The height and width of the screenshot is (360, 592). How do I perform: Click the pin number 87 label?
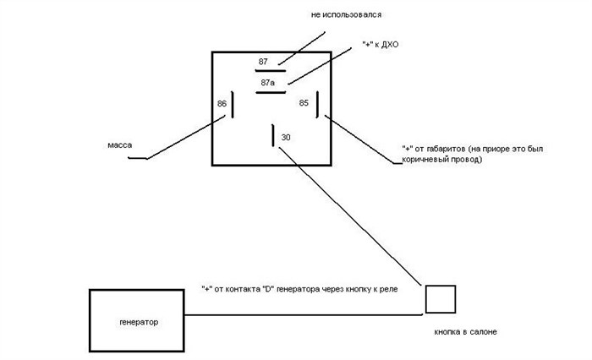tap(263, 62)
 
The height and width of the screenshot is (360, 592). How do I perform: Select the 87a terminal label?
tap(268, 82)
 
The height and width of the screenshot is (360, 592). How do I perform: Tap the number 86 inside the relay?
tap(222, 103)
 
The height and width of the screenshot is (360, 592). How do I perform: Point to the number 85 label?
tap(304, 102)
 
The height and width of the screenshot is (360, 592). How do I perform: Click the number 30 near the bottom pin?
tap(286, 138)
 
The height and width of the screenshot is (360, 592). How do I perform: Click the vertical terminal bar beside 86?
tap(233, 105)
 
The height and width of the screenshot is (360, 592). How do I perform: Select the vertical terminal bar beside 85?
tap(317, 105)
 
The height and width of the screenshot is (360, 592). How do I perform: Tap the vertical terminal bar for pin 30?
tap(273, 135)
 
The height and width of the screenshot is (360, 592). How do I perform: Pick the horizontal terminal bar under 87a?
tap(271, 92)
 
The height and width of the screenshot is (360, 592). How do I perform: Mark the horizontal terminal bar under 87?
tap(271, 71)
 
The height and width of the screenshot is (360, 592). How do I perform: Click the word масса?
tap(120, 145)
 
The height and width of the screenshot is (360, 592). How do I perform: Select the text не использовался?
tap(346, 14)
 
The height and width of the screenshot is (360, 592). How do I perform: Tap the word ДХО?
tap(390, 45)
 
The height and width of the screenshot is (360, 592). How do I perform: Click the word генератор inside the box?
tap(139, 322)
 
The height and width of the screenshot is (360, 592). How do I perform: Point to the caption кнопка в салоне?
tap(465, 332)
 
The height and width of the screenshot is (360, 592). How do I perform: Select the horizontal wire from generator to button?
tap(303, 314)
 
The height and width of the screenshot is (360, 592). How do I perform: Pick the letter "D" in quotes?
tap(268, 290)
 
